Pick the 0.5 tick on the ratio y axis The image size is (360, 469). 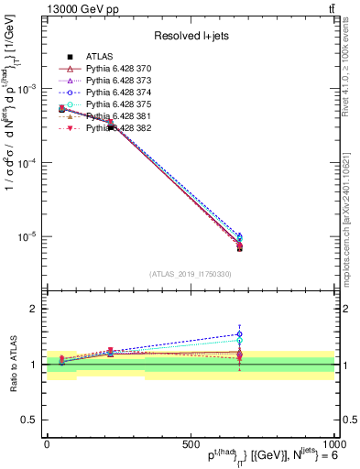(30, 420)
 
